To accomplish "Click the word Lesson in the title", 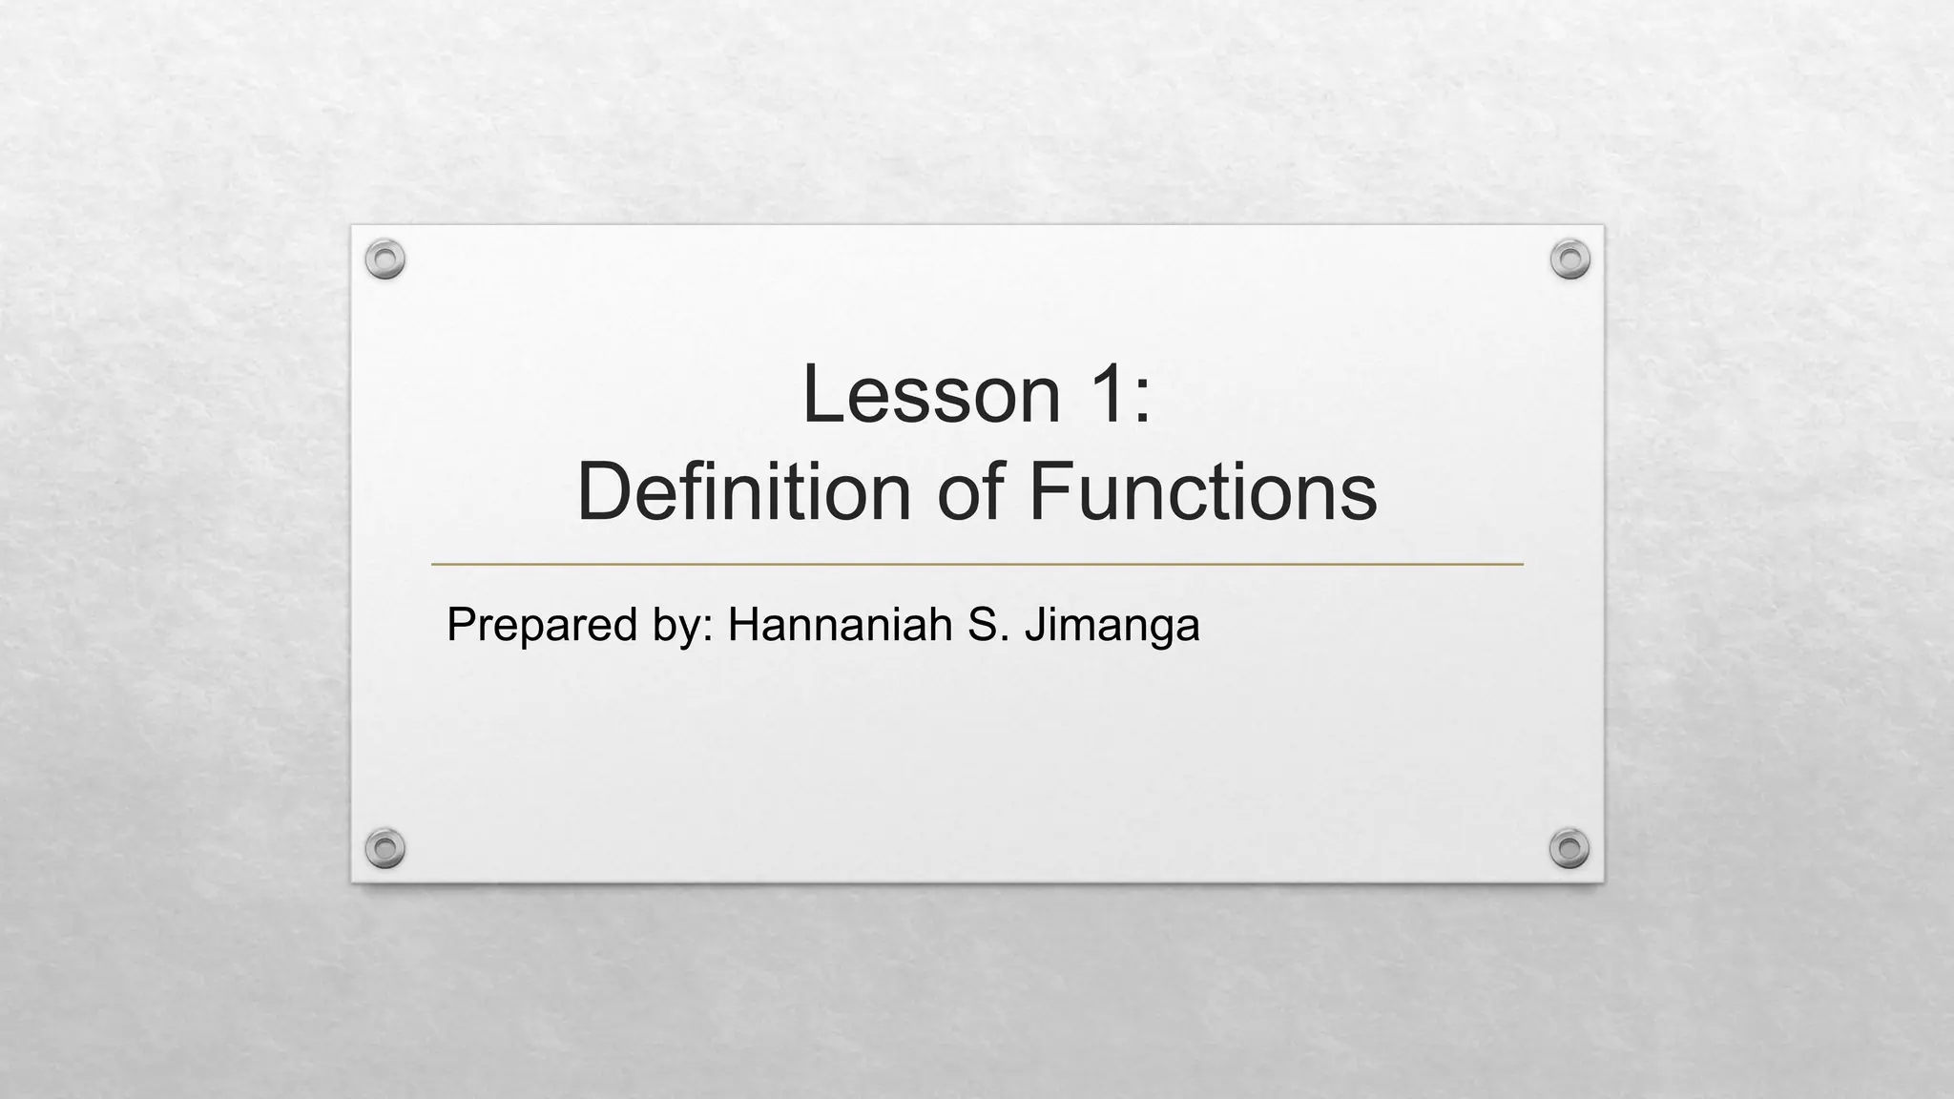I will pyautogui.click(x=931, y=394).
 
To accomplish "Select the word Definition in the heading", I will pyautogui.click(x=744, y=492).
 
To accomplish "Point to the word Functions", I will pyautogui.click(x=1203, y=492).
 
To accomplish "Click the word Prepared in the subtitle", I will pyautogui.click(x=542, y=626).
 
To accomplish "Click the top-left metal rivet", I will pyautogui.click(x=385, y=259).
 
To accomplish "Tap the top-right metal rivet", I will pyautogui.click(x=1569, y=259).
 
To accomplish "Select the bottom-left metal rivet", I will pyautogui.click(x=385, y=848).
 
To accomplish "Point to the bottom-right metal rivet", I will pyautogui.click(x=1569, y=848).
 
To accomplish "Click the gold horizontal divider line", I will pyautogui.click(x=977, y=565).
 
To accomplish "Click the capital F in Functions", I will pyautogui.click(x=1050, y=492).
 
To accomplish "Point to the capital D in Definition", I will pyautogui.click(x=601, y=492).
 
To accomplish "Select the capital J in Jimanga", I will pyautogui.click(x=1034, y=625).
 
